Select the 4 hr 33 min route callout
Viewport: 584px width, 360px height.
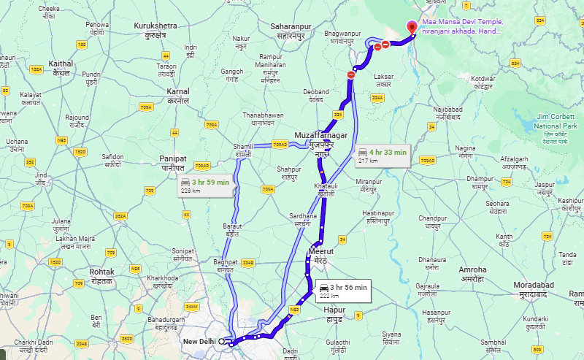(x=382, y=156)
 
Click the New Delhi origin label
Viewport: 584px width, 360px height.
(x=200, y=341)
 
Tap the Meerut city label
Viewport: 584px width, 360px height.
(x=320, y=255)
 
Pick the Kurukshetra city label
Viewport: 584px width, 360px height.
(x=155, y=30)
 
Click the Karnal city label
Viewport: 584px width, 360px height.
(x=178, y=95)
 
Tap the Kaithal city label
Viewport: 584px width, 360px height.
(x=61, y=68)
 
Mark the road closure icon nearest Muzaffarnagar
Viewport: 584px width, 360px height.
(x=351, y=74)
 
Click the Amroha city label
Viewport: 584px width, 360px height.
(x=472, y=274)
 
